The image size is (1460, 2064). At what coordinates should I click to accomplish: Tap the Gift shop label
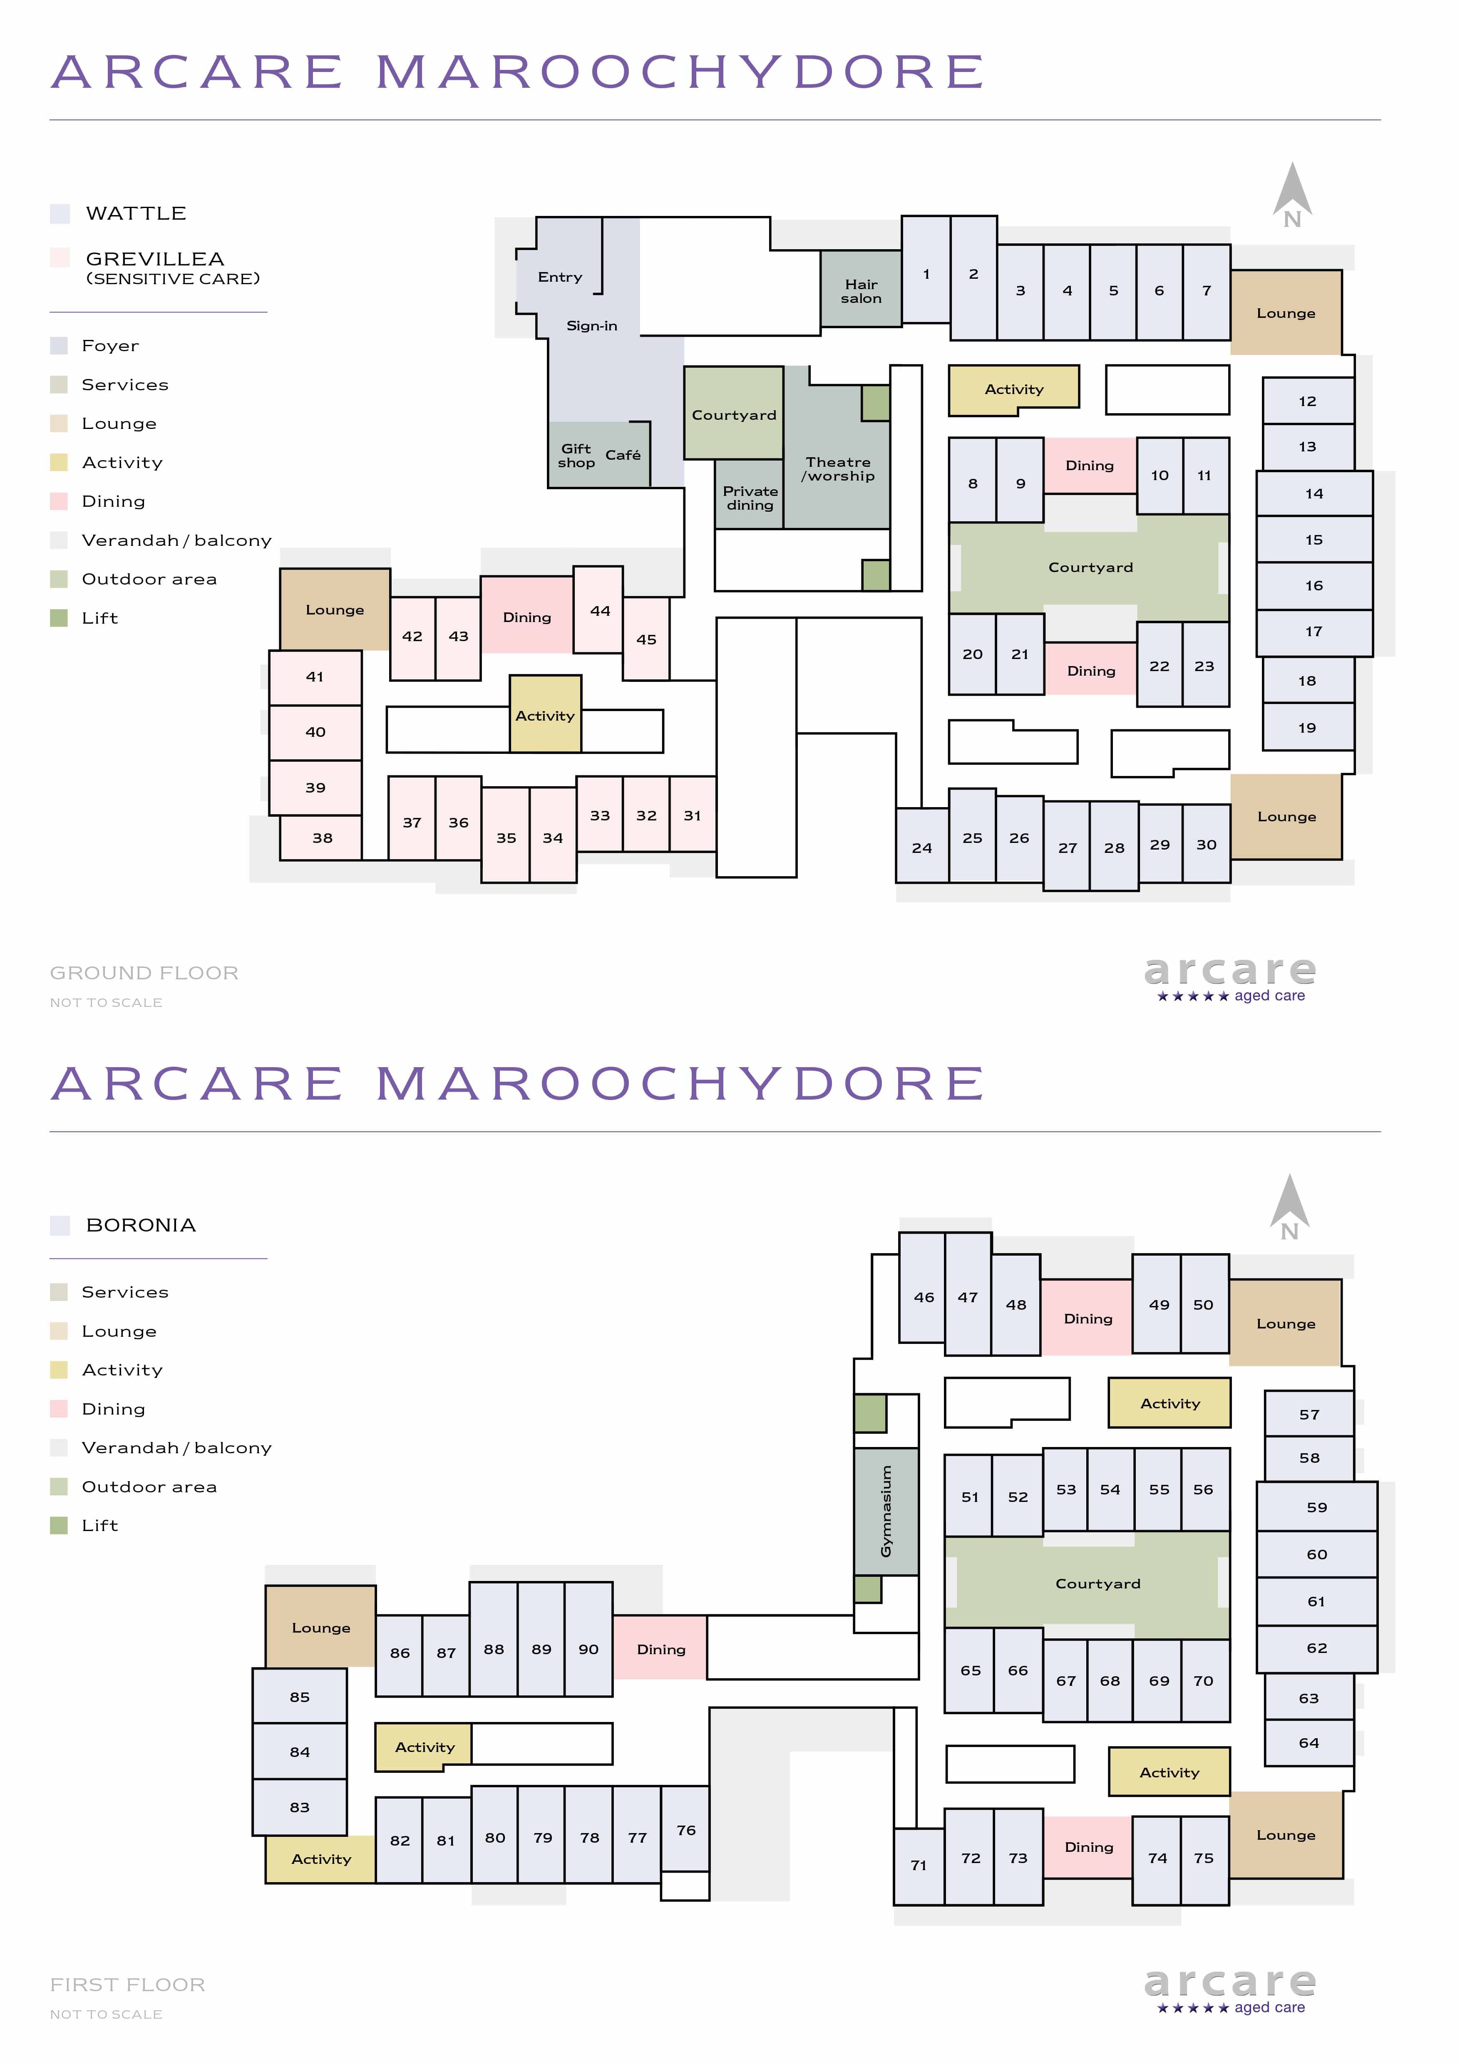576,456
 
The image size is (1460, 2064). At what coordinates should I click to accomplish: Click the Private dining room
750,494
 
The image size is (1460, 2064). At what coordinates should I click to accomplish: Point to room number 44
599,610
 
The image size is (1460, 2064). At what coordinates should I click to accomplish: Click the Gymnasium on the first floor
886,1511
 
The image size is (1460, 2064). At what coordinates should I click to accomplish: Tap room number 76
685,1829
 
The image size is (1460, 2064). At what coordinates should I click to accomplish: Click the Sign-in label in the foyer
591,325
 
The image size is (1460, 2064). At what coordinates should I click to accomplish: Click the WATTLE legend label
136,213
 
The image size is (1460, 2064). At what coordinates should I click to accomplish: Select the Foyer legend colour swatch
60,345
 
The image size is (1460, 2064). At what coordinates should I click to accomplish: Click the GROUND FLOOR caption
144,973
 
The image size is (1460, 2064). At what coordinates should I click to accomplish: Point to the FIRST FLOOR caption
128,1984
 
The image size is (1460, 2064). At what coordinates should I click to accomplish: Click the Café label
623,455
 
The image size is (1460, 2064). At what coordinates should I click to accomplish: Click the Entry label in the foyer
560,277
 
